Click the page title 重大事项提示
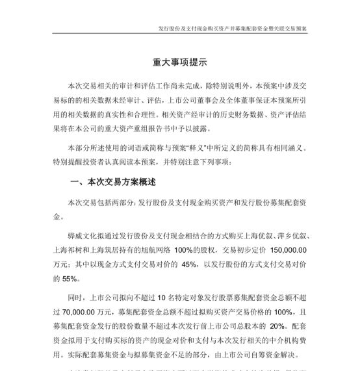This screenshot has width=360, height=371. click(x=180, y=63)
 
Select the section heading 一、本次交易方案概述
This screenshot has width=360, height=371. click(x=112, y=182)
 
